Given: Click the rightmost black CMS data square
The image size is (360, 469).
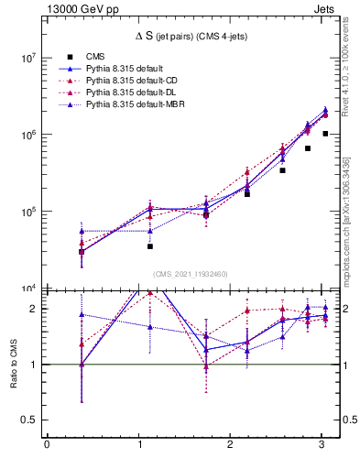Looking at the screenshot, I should (325, 134).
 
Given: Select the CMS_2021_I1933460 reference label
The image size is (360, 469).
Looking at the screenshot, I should (190, 273).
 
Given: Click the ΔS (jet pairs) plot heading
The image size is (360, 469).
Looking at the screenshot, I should (190, 38).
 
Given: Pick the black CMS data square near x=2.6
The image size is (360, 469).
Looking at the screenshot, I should (283, 170).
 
